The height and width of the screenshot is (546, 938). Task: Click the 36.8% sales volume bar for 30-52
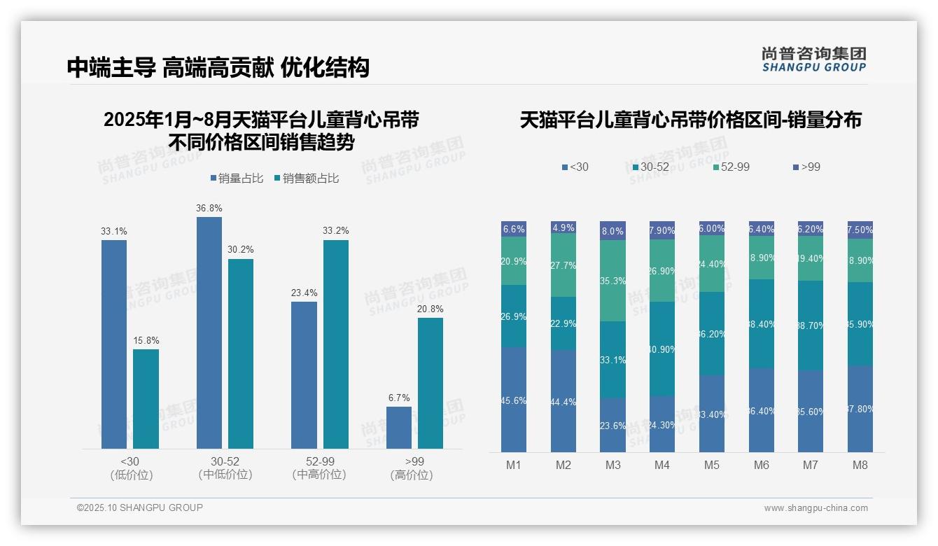point(209,332)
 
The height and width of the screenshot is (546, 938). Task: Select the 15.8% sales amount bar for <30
point(146,399)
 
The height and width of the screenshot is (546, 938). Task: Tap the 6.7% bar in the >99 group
point(399,428)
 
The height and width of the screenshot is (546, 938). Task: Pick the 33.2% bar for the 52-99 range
point(336,344)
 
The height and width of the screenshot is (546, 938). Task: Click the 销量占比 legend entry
point(237,178)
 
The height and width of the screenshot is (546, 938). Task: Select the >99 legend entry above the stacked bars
point(806,167)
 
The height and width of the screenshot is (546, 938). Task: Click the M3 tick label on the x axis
point(612,465)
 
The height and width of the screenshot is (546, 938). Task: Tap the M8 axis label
point(860,465)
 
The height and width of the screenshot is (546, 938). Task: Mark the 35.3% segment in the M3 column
point(612,281)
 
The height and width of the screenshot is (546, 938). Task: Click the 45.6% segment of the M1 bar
point(514,400)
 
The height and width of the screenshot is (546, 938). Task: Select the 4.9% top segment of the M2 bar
point(563,227)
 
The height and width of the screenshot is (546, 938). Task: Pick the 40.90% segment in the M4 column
point(662,349)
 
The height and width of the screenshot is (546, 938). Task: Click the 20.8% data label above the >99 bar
point(430,309)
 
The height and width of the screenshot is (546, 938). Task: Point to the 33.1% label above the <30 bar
point(114,231)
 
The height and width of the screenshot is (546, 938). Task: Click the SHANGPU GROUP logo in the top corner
point(813,59)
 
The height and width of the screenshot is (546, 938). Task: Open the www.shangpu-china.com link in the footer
point(815,508)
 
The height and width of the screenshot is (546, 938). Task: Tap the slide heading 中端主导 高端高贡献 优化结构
point(218,67)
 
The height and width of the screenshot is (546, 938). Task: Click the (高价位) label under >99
point(411,475)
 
